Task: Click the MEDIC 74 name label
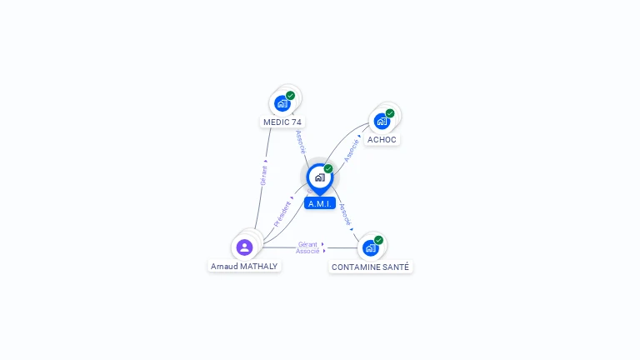tap(282, 122)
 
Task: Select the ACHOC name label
tap(382, 140)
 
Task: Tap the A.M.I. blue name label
tap(320, 203)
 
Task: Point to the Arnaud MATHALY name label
tap(244, 266)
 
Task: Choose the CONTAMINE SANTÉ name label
tap(370, 267)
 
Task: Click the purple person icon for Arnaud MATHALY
tap(244, 247)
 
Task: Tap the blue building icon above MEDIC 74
tap(282, 103)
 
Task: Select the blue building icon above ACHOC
tap(382, 121)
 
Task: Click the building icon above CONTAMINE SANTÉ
tap(371, 248)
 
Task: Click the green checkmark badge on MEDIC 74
tap(290, 96)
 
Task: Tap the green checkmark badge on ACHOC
tap(390, 113)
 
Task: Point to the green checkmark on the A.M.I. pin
tap(328, 168)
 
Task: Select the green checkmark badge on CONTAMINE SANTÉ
tap(379, 240)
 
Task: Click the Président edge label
tap(282, 214)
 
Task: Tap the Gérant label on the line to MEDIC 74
tap(263, 176)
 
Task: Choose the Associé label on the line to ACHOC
tap(351, 150)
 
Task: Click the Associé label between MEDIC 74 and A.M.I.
tap(301, 142)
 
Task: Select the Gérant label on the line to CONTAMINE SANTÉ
tap(307, 244)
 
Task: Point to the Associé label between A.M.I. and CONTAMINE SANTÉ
tap(345, 215)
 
